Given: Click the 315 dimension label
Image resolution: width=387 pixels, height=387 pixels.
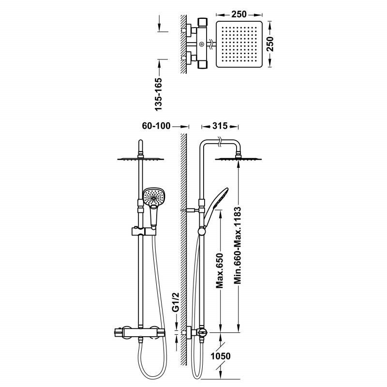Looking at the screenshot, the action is (x=220, y=126).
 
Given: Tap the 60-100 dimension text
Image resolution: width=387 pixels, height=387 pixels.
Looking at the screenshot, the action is (x=156, y=126).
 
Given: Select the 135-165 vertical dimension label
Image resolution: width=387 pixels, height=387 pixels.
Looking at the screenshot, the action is (x=158, y=94).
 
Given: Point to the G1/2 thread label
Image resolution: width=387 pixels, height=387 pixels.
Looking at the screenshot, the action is (x=175, y=302).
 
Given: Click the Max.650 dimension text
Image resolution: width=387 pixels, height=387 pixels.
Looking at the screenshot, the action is (x=220, y=270).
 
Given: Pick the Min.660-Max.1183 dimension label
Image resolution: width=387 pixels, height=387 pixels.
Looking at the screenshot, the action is (x=237, y=246).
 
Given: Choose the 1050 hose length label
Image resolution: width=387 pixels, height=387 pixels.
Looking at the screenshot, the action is (x=221, y=356).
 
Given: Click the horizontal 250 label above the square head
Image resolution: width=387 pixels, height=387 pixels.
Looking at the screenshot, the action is (x=238, y=15).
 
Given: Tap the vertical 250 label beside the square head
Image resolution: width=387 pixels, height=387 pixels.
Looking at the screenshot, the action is (x=270, y=44).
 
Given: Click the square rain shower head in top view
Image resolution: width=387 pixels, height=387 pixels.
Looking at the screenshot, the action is (x=239, y=44).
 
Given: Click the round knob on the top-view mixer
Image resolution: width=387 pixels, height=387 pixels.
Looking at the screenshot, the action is (x=202, y=44).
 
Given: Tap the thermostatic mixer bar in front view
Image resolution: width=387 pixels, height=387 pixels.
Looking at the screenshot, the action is (x=139, y=332).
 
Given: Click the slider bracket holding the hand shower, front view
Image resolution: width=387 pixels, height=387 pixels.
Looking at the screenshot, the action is (x=143, y=232).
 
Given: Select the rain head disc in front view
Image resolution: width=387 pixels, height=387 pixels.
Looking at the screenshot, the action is (x=140, y=159).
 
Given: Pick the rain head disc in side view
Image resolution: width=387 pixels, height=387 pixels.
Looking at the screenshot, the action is (x=238, y=159).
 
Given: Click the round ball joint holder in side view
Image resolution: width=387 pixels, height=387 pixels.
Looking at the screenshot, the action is (x=202, y=231).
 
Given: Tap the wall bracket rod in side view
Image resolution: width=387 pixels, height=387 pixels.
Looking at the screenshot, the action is (x=190, y=210).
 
